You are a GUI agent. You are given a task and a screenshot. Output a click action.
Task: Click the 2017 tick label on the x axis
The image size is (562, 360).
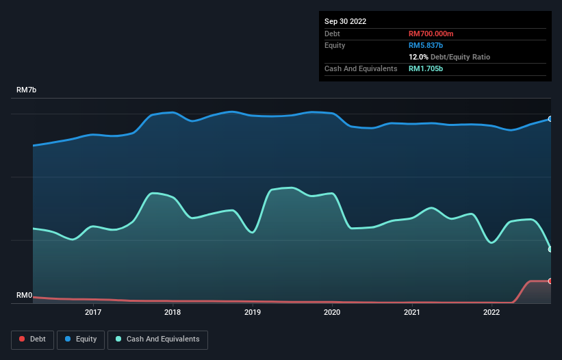pyautogui.click(x=93, y=313)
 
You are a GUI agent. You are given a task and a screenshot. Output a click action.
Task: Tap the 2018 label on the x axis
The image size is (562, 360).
pyautogui.click(x=173, y=313)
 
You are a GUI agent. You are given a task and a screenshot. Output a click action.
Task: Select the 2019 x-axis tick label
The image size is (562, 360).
pyautogui.click(x=253, y=313)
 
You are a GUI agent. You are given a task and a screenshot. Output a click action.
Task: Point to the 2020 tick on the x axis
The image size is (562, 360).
pyautogui.click(x=332, y=313)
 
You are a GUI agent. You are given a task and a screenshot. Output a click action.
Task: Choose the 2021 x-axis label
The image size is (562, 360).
pyautogui.click(x=411, y=313)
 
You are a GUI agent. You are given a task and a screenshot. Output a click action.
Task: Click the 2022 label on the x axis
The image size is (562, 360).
pyautogui.click(x=491, y=313)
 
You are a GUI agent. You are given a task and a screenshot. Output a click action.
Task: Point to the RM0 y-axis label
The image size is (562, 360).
pyautogui.click(x=24, y=296)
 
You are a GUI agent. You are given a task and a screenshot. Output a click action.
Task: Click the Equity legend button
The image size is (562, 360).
pyautogui.click(x=81, y=339)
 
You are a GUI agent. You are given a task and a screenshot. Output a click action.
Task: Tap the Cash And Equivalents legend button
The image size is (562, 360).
pyautogui.click(x=157, y=339)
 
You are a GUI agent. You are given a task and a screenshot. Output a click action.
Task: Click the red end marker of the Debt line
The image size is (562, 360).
pyautogui.click(x=550, y=281)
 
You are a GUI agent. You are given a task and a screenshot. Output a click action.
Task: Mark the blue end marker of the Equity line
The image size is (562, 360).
pyautogui.click(x=550, y=119)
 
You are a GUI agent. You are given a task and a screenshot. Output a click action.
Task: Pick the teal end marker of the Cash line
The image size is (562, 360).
pyautogui.click(x=550, y=249)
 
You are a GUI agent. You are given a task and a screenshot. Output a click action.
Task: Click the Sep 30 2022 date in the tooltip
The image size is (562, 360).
pyautogui.click(x=345, y=21)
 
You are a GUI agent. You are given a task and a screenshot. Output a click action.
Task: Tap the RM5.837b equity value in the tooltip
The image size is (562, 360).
pyautogui.click(x=426, y=45)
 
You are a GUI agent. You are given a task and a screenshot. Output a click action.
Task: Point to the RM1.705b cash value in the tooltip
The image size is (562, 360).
pyautogui.click(x=426, y=68)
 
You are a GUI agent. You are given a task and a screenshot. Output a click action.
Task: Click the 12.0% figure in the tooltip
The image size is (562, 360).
pyautogui.click(x=418, y=57)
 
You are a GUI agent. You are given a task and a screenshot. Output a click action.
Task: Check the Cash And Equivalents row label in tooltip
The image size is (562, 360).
pyautogui.click(x=361, y=68)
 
